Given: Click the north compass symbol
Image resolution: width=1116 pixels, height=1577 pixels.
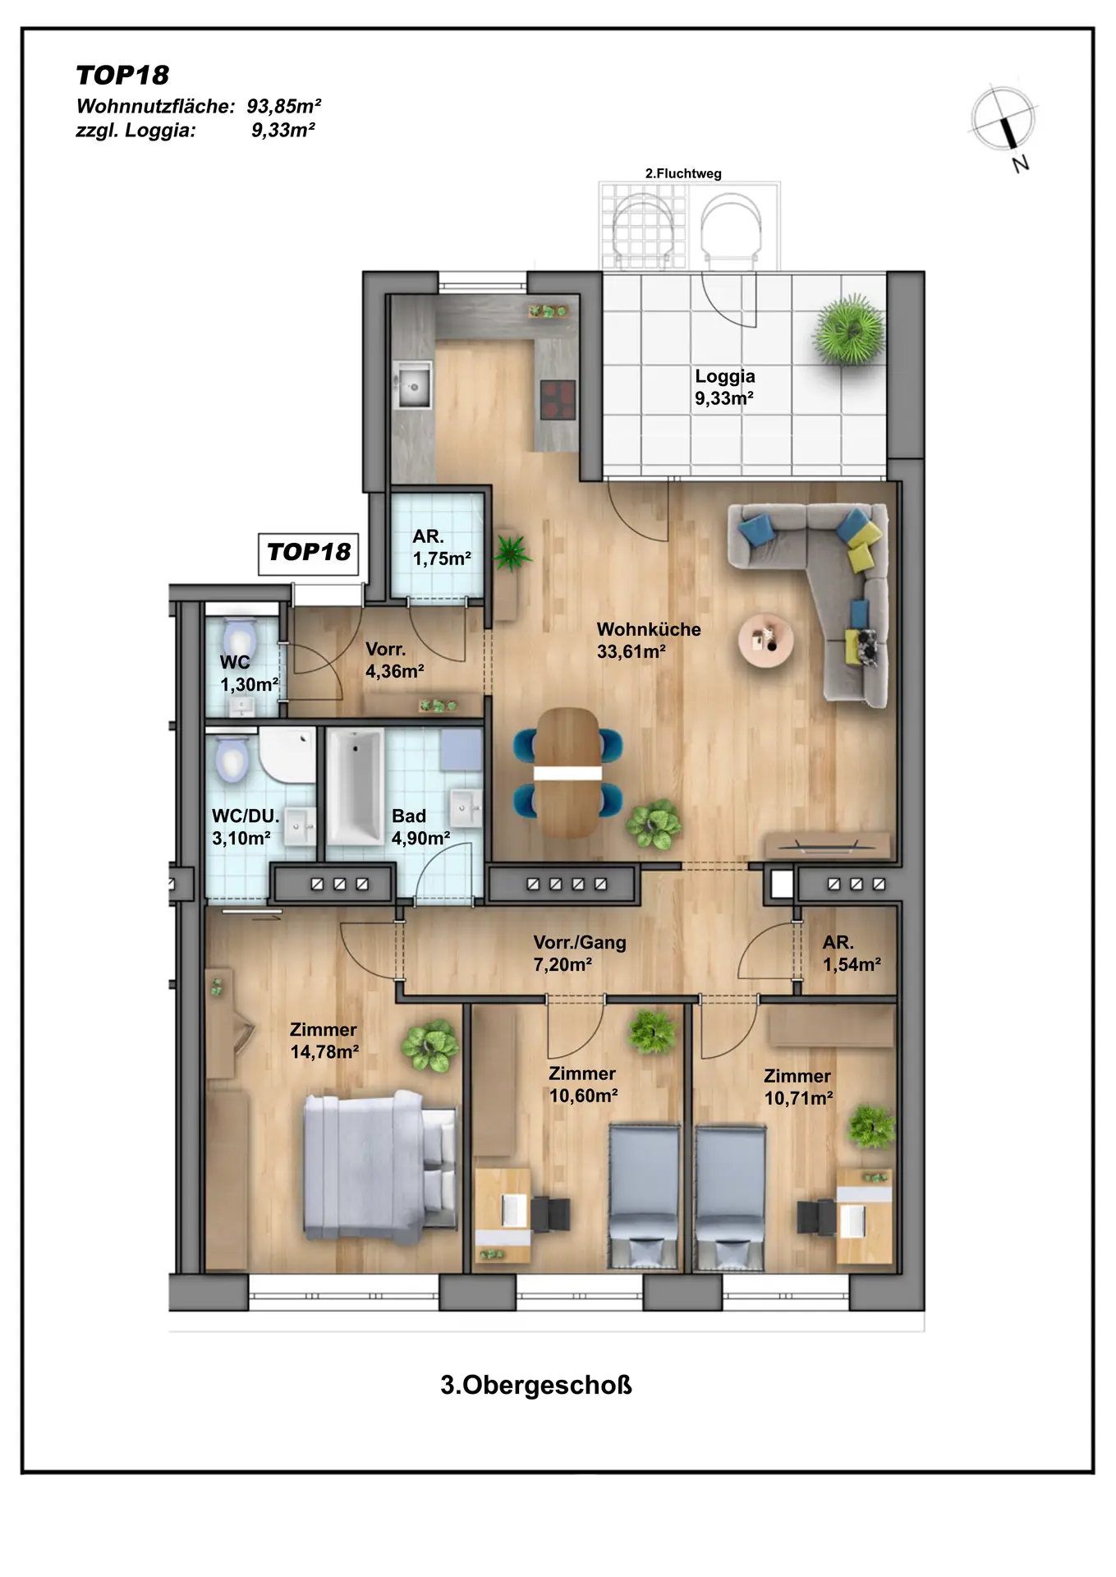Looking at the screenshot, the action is (x=1003, y=121).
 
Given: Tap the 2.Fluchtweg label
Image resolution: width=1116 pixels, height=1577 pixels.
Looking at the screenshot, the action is (x=683, y=173).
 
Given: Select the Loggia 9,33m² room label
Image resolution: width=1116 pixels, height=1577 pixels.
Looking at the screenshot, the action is (x=725, y=387).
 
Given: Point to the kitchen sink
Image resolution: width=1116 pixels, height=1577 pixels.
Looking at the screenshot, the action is (x=413, y=385).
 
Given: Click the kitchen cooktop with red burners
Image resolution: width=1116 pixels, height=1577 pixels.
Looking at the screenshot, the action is (x=558, y=400).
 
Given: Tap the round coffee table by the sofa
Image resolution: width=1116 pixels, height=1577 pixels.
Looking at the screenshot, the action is (x=765, y=640).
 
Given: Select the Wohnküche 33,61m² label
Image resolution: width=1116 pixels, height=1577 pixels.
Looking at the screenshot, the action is (x=649, y=641).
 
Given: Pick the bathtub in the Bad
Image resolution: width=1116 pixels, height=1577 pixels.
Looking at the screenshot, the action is (x=355, y=787).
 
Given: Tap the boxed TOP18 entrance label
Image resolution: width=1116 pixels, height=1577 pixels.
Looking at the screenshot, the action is (x=309, y=552).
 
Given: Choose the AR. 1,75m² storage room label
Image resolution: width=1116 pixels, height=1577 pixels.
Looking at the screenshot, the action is (x=442, y=548).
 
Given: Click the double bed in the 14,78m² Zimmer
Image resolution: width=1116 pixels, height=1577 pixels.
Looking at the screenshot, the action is (x=380, y=1166).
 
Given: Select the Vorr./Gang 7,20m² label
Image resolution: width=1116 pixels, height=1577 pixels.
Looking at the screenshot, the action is (x=580, y=954).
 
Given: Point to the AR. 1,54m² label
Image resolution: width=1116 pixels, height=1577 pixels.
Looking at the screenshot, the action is (x=852, y=954).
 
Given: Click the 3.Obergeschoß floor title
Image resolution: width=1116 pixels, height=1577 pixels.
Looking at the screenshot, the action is (x=536, y=1385).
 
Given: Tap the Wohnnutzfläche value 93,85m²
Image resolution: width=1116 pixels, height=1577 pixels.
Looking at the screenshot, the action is (x=284, y=106).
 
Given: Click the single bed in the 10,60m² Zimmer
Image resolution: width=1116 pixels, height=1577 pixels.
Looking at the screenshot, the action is (x=645, y=1198).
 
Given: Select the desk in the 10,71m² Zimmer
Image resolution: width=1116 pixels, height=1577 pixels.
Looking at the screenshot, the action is (x=864, y=1217).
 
